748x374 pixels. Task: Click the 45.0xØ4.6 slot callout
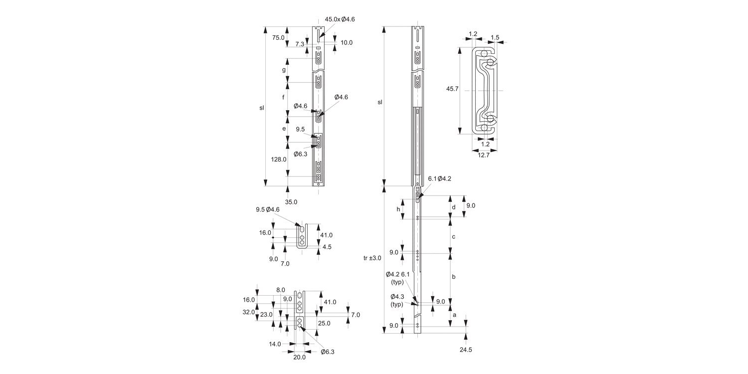pyautogui.click(x=340, y=19)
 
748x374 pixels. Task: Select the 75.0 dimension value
pyautogui.click(x=278, y=38)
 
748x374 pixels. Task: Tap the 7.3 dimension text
pyautogui.click(x=300, y=44)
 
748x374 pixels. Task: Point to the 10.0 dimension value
pyautogui.click(x=347, y=43)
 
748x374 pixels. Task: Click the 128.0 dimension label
pyautogui.click(x=279, y=160)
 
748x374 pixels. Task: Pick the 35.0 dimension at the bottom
pyautogui.click(x=291, y=202)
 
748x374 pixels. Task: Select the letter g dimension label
pyautogui.click(x=284, y=70)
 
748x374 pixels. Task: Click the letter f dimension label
pyautogui.click(x=283, y=97)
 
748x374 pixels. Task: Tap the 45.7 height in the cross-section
pyautogui.click(x=452, y=89)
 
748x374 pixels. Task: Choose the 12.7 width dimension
pyautogui.click(x=483, y=155)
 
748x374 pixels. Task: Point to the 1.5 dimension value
pyautogui.click(x=495, y=37)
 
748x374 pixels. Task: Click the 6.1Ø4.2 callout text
pyautogui.click(x=439, y=179)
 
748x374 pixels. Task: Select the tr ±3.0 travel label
pyautogui.click(x=373, y=258)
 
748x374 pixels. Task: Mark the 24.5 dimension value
pyautogui.click(x=466, y=350)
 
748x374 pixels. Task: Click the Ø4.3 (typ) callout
pyautogui.click(x=397, y=300)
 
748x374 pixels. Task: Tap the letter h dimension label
pyautogui.click(x=398, y=209)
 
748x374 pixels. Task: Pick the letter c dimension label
pyautogui.click(x=453, y=237)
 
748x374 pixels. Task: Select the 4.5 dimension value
pyautogui.click(x=327, y=247)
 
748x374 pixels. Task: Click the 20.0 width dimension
pyautogui.click(x=299, y=357)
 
